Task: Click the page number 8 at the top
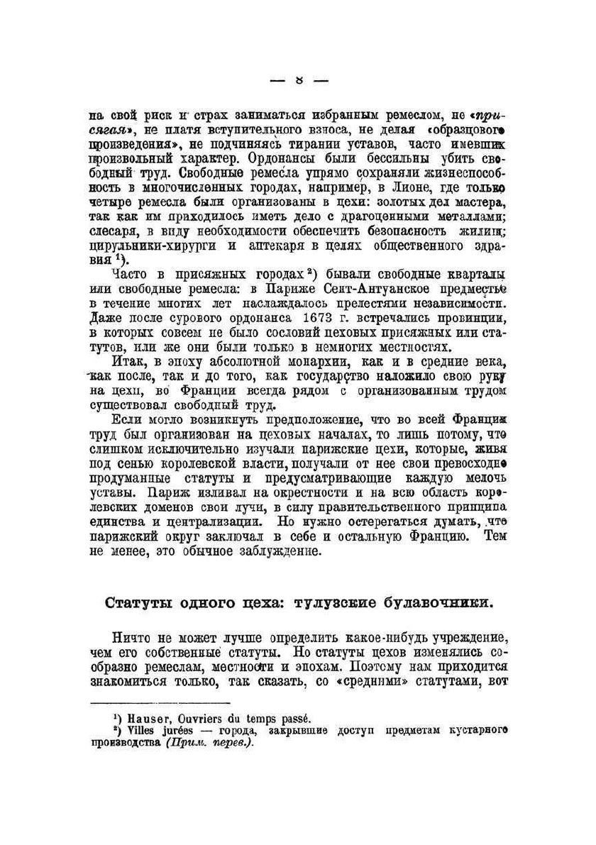(299, 80)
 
